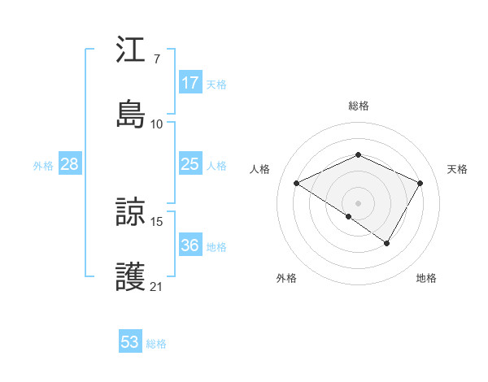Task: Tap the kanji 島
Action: click(130, 115)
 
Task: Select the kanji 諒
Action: click(130, 211)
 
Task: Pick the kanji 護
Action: click(130, 276)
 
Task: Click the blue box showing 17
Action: click(190, 83)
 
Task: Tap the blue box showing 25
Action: click(190, 164)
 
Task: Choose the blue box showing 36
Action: click(190, 245)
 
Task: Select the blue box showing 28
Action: click(70, 164)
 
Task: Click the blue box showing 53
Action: click(130, 342)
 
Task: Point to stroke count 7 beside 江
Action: click(156, 59)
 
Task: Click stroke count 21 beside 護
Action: click(156, 286)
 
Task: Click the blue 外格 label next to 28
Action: click(43, 165)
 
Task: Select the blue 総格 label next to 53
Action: click(156, 344)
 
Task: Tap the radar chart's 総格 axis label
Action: click(358, 106)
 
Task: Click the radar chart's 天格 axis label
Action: click(457, 169)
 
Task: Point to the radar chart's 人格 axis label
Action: click(259, 169)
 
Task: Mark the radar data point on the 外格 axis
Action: click(349, 216)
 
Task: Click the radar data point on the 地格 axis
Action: click(387, 243)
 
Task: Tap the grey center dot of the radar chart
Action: click(358, 202)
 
